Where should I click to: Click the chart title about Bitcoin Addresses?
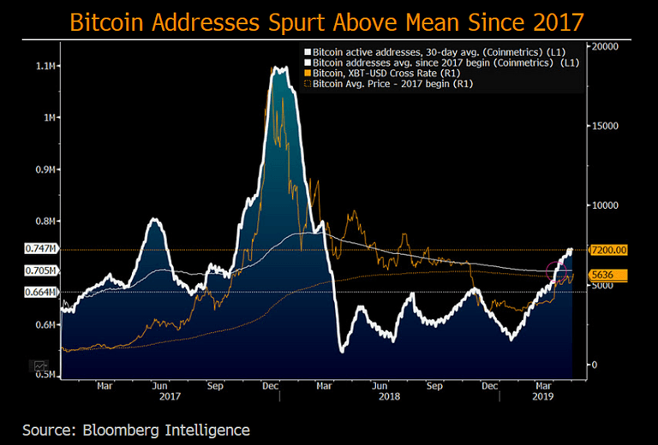coord(328,21)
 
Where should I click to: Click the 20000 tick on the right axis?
coord(605,46)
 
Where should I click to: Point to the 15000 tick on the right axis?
coord(605,126)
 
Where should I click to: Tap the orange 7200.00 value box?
coord(609,249)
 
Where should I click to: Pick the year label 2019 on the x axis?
coord(541,397)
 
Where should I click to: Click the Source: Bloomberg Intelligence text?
coord(136,429)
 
